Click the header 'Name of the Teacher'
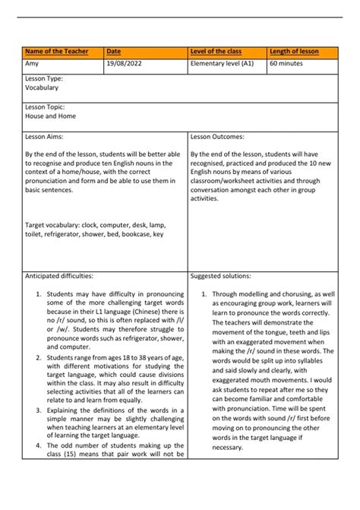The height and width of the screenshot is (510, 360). coord(56,52)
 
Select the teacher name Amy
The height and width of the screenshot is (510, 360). coord(32,65)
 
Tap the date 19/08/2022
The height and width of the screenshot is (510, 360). coord(124,65)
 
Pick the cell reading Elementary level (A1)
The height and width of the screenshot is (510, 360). coord(223,65)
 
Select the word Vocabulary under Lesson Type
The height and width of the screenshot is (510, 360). coord(42,88)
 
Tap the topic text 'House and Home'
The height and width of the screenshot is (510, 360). coord(49,117)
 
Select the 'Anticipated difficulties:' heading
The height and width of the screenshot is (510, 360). coord(58,277)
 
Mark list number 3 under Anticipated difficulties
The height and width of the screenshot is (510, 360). coord(39,411)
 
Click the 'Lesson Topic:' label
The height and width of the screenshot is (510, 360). coord(45,108)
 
